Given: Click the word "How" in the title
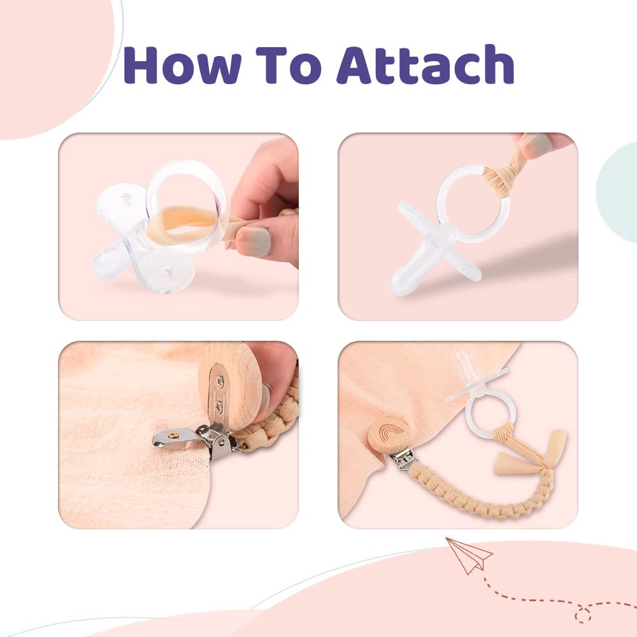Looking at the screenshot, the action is pyautogui.click(x=182, y=65).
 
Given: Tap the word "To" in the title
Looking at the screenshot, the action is pyautogui.click(x=291, y=65).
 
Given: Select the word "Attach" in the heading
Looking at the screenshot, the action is pyautogui.click(x=426, y=64).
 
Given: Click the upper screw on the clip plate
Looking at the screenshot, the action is pyautogui.click(x=220, y=381).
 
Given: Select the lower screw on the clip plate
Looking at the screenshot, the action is pyautogui.click(x=219, y=404).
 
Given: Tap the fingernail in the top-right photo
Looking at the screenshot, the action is pyautogui.click(x=537, y=143).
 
